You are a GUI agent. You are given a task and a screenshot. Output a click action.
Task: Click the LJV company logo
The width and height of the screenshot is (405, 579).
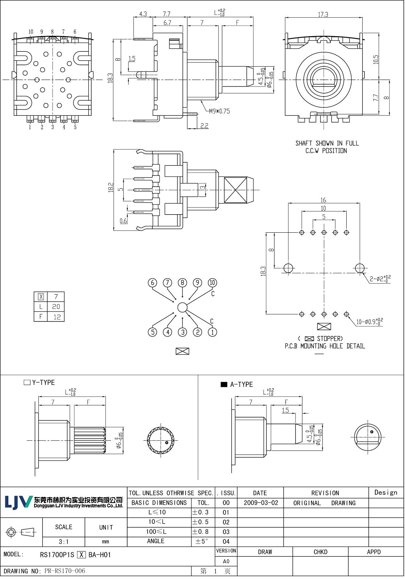click(18, 502)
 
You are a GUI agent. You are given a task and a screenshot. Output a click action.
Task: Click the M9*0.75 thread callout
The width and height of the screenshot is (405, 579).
click(219, 111)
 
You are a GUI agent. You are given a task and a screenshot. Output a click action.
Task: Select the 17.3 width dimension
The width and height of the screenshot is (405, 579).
click(323, 14)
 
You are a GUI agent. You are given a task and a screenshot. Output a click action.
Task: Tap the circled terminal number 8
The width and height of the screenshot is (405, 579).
click(182, 283)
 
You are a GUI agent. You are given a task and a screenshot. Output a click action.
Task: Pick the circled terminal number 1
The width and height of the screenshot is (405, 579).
click(212, 332)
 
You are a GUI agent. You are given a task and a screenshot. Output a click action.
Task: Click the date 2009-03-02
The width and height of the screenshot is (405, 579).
click(261, 503)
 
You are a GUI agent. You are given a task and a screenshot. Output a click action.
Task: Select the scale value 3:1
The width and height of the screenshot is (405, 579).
click(63, 542)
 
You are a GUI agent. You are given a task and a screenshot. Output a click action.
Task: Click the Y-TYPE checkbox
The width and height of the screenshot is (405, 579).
click(27, 383)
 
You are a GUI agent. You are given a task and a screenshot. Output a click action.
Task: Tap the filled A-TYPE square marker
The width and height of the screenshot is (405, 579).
click(224, 384)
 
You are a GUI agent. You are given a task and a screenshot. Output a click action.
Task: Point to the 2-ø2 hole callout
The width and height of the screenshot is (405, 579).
click(380, 279)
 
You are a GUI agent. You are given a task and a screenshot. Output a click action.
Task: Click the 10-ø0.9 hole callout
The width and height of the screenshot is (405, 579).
click(369, 321)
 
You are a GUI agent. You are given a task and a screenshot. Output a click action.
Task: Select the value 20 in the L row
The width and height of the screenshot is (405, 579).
click(56, 307)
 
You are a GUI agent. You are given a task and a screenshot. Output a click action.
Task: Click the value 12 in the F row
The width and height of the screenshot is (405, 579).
click(57, 317)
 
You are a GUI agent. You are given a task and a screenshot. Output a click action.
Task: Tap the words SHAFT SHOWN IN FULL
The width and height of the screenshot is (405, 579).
click(327, 143)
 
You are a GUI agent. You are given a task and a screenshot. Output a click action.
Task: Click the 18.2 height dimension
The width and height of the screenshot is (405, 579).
click(111, 187)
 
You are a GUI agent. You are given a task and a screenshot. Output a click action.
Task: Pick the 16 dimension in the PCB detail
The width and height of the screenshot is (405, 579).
click(323, 200)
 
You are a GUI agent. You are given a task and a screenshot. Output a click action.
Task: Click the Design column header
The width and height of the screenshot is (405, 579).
click(385, 493)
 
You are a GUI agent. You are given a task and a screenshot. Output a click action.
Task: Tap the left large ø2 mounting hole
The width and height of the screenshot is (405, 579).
click(288, 268)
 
